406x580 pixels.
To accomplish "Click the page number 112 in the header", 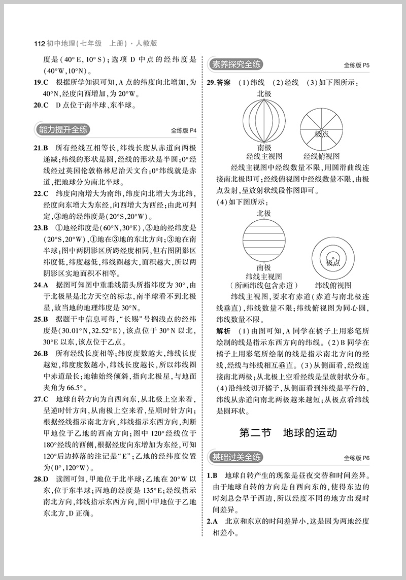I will (x=39, y=44).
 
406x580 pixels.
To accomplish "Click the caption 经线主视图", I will (x=264, y=156).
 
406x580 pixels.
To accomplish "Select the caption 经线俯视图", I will (x=321, y=156).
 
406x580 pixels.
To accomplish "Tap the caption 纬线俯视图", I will (x=333, y=285).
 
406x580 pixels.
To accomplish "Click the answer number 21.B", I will (x=40, y=148).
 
